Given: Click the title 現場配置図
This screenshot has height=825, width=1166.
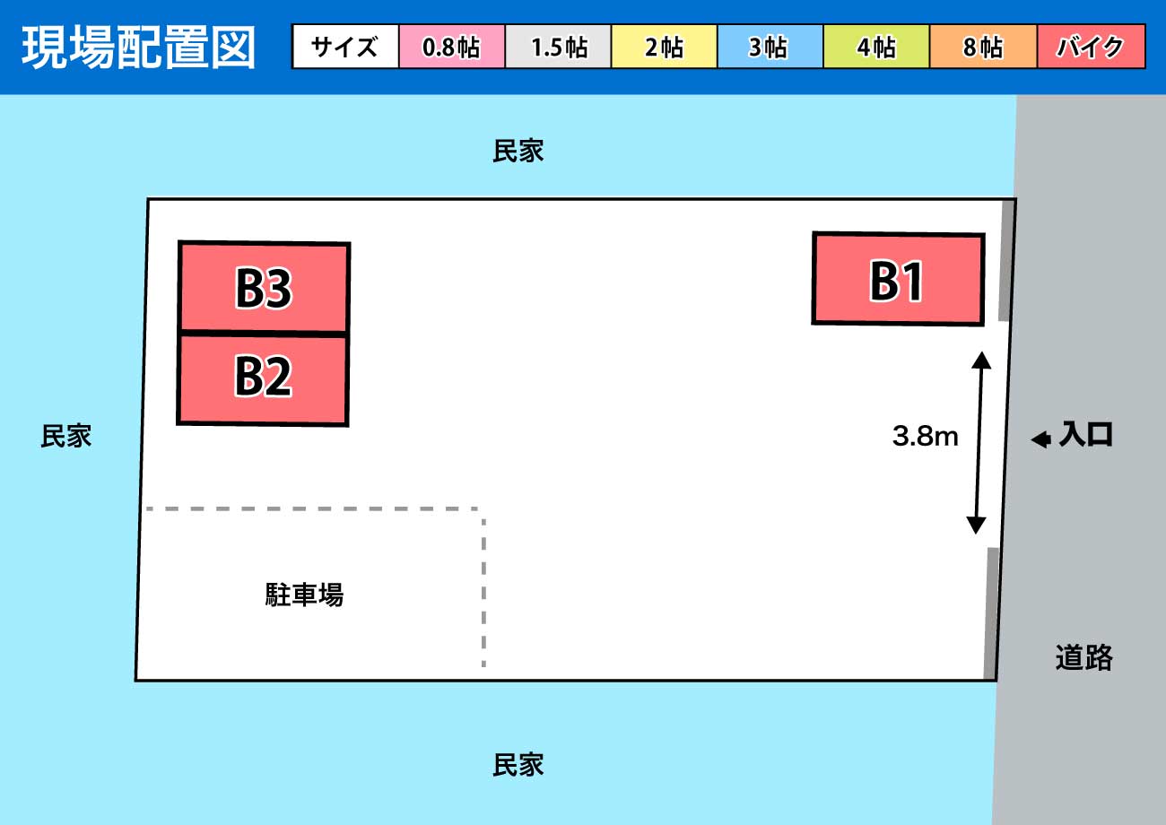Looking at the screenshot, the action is (138, 48).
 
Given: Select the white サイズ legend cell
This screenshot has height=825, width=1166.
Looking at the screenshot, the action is (345, 47).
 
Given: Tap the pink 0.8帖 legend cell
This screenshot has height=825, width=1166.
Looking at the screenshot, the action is (452, 47).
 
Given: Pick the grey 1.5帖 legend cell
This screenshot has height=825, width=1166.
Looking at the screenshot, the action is (558, 47).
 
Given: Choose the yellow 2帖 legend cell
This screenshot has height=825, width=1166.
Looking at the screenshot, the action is (665, 47).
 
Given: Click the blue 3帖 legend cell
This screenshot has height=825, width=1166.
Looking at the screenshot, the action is (770, 47).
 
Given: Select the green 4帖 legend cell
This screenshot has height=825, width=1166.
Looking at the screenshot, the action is (876, 47).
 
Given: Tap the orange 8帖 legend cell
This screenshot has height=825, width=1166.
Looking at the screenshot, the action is (983, 47).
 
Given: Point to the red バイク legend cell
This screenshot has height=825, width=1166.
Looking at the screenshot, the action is (1091, 47).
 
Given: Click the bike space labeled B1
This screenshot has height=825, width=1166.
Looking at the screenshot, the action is (899, 279).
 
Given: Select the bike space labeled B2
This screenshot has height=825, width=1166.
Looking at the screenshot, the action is (263, 379).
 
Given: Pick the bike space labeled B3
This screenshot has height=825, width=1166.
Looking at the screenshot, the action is (264, 286).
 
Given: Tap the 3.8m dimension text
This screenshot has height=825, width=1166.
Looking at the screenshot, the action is (925, 436).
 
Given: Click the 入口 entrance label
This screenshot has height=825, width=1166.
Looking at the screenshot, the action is (1086, 434).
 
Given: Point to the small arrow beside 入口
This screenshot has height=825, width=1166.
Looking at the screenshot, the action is (1041, 439).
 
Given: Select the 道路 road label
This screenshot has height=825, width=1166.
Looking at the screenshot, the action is (1083, 657).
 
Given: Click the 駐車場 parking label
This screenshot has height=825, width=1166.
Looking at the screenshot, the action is (305, 595).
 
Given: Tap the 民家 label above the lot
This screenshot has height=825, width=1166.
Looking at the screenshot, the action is (518, 151).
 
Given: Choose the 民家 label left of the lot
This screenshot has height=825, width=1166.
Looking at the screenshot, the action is (66, 436).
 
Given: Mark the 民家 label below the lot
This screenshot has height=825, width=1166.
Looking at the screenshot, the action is (518, 765).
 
